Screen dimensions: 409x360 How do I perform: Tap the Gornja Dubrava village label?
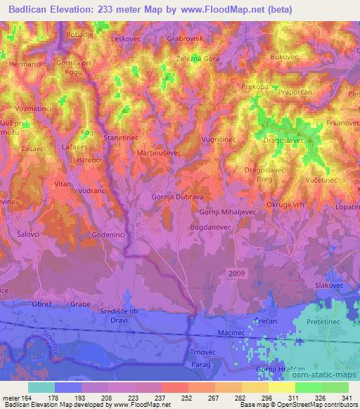178,197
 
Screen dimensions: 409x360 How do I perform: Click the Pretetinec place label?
324,320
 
